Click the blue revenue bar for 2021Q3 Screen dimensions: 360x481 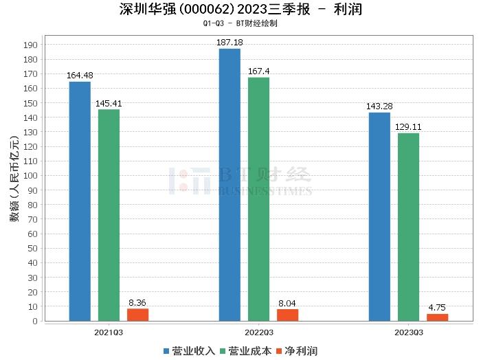tap(80, 201)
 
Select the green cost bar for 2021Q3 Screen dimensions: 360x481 tap(109, 214)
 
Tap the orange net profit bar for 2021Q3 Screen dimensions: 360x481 tap(137, 315)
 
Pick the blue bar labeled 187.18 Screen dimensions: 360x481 tap(230, 184)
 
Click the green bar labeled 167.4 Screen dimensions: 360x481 tap(258, 199)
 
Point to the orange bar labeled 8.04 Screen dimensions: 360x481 tap(287, 315)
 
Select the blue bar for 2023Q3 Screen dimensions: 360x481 tap(379, 216)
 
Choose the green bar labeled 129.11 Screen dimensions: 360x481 tap(408, 227)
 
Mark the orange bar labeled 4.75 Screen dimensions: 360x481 tap(437, 317)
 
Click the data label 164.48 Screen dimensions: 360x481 tap(80, 76)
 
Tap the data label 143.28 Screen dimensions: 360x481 tap(379, 106)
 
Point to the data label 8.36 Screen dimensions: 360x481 tap(137, 302)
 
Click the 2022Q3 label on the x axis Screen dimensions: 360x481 tap(258, 332)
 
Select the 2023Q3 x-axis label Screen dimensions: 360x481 tap(408, 332)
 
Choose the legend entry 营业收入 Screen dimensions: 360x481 tap(189, 351)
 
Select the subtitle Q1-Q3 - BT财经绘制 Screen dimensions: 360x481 tap(240, 23)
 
